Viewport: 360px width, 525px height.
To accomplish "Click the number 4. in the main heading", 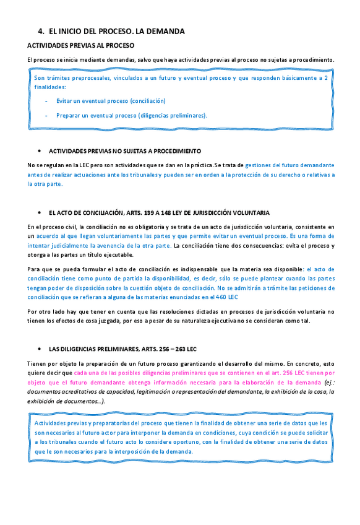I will [x=41, y=31].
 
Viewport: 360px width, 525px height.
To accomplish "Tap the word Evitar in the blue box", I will [x=65, y=100].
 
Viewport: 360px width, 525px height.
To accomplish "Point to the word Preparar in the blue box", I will [x=69, y=115].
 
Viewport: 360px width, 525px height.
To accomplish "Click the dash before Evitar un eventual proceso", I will [x=47, y=100].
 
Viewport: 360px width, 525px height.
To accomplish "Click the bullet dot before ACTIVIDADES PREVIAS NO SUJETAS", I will [x=39, y=150].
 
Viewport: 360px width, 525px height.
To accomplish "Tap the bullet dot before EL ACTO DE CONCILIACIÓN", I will [x=39, y=212].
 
